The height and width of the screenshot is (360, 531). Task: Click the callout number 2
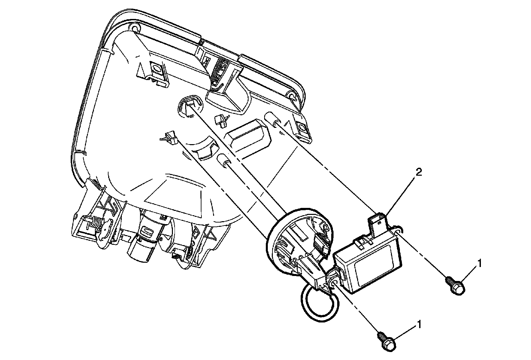click(419, 172)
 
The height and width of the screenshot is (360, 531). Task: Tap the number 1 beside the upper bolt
click(479, 263)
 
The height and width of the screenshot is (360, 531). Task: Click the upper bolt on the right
click(455, 286)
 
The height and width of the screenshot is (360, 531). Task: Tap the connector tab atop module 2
click(377, 223)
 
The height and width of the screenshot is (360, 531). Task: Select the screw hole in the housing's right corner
click(292, 96)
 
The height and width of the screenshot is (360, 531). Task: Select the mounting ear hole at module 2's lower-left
click(334, 282)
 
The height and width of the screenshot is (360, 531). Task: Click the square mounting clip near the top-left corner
click(156, 71)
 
